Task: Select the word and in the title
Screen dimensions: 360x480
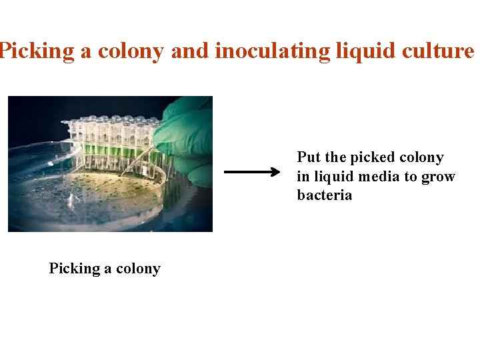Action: [x=189, y=51]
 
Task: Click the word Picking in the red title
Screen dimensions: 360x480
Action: [x=36, y=51]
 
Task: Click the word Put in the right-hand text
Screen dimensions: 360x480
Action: [x=309, y=157]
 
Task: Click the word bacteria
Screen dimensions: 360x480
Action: [x=324, y=195]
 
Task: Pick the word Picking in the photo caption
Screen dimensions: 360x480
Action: [x=74, y=269]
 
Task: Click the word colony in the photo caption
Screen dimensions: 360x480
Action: [x=139, y=269]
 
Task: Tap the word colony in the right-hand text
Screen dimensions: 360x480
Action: [x=422, y=157]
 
